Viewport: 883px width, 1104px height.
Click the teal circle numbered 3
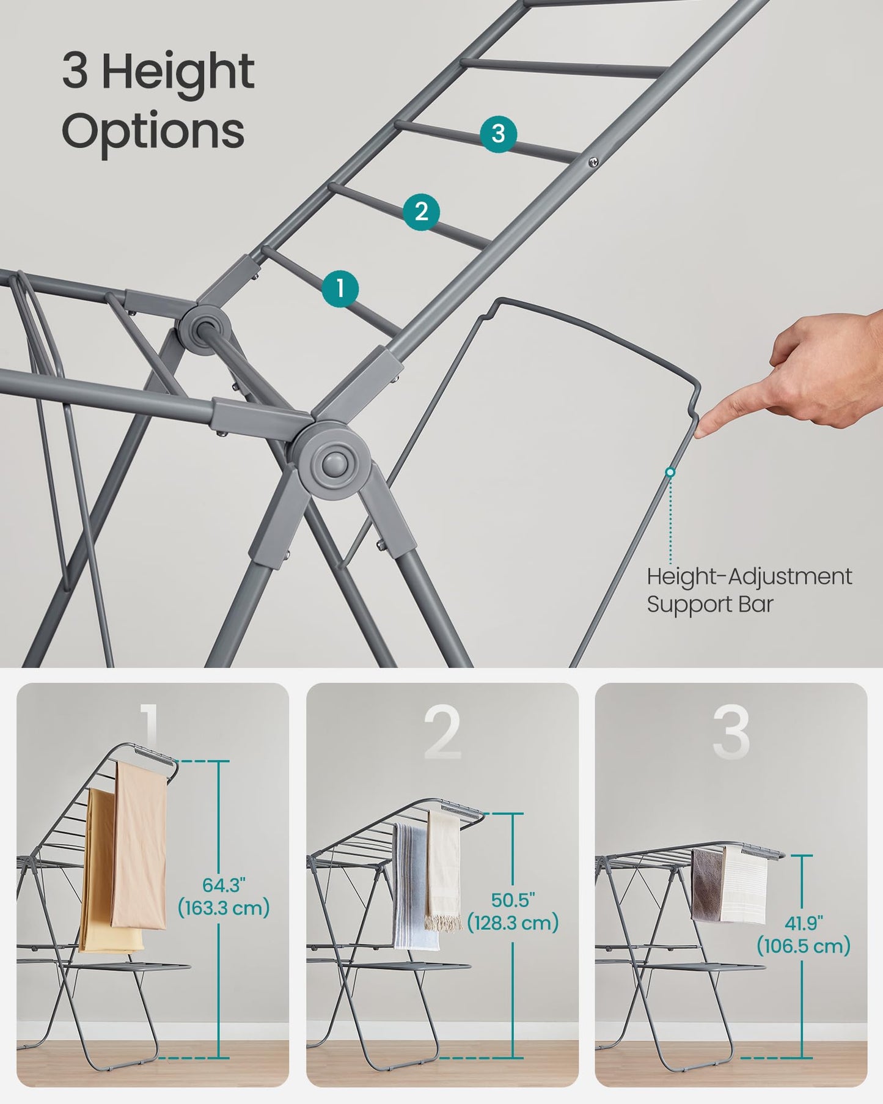498,133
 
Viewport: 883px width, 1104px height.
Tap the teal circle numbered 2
421,212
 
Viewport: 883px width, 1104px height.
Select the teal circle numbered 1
340,288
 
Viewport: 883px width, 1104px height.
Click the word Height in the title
177,72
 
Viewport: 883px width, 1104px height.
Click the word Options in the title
153,131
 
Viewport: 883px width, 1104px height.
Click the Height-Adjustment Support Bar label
749,590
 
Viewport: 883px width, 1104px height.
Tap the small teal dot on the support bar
670,472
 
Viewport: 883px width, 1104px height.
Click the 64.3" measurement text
224,885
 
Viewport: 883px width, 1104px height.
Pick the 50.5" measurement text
513,900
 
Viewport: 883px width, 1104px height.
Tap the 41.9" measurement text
804,922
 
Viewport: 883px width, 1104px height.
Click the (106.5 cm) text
804,946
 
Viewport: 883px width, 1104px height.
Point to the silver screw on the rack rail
592,161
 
